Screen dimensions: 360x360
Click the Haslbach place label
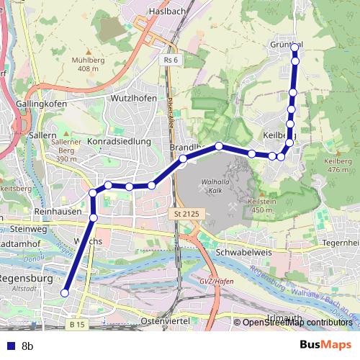point(167,12)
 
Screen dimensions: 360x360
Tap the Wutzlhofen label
point(133,97)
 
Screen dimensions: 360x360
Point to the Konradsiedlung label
point(119,142)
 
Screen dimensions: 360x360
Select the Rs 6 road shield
point(170,60)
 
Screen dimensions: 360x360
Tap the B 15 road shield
point(78,325)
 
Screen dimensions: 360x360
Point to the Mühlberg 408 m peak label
point(88,64)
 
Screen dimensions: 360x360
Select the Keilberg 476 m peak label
point(338,165)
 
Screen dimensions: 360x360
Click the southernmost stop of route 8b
point(65,293)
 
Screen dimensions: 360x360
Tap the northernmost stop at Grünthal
point(294,48)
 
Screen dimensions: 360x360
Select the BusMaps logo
point(325,346)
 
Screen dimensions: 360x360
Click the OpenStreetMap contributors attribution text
point(297,323)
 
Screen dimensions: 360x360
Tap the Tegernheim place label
point(341,243)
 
